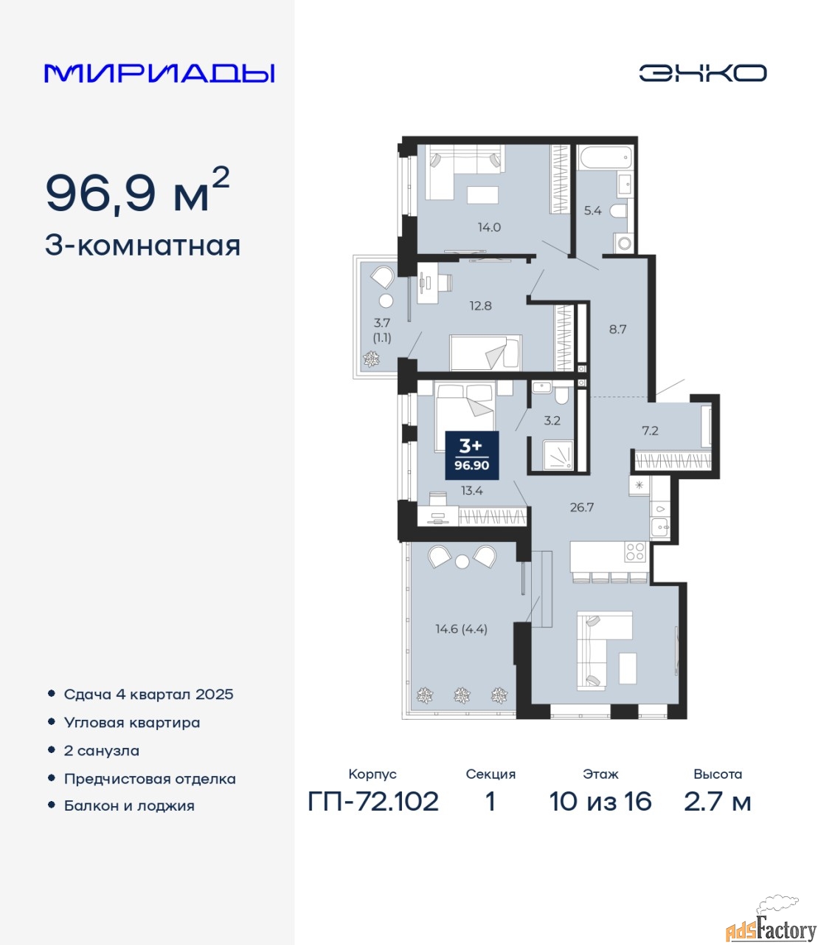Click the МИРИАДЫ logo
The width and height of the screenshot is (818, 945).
[159, 73]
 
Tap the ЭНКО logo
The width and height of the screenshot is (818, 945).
[702, 73]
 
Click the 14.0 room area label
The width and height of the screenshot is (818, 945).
[489, 227]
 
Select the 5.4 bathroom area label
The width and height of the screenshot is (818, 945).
[592, 210]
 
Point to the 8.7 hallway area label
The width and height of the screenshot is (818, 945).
[617, 329]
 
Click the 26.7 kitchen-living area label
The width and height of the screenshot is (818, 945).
[581, 507]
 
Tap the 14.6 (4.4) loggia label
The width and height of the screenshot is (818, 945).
[461, 629]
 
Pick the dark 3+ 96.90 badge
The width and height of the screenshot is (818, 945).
[472, 456]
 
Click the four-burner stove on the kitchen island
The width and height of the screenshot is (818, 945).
[635, 551]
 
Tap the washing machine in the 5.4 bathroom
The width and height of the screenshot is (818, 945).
[623, 242]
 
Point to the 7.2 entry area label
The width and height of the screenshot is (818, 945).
[650, 430]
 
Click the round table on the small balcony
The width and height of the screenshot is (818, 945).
[387, 300]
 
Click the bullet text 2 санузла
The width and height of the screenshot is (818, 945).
[101, 751]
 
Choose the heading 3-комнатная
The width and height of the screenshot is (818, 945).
[142, 247]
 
